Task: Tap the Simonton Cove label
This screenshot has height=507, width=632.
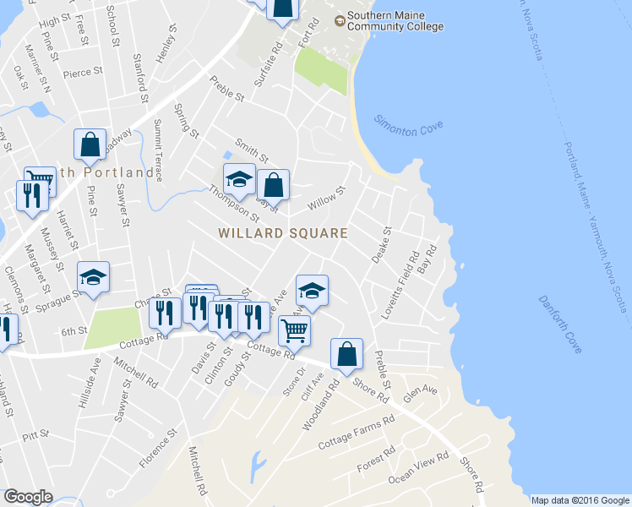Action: coord(408,124)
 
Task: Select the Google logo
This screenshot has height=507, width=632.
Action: coord(28,497)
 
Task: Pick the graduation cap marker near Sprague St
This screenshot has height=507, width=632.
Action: coord(94,276)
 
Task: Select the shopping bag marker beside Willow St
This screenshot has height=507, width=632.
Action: coord(273,183)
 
